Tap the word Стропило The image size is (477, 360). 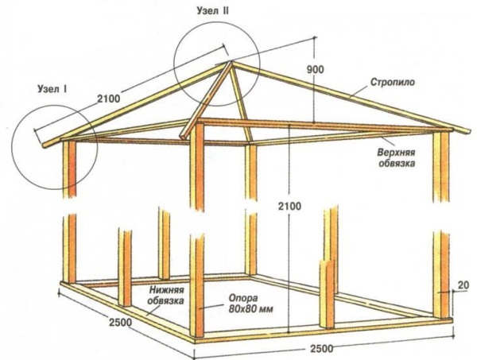click(x=393, y=82)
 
